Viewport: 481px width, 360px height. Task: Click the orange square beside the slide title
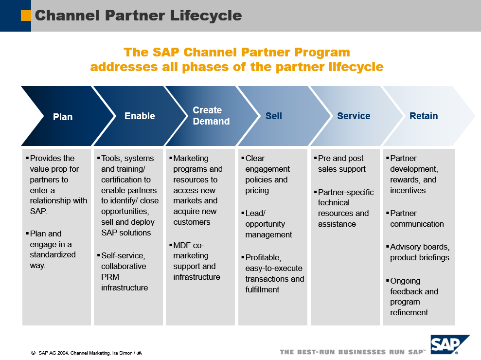tap(26, 16)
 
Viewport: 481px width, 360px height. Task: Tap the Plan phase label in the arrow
tap(63, 117)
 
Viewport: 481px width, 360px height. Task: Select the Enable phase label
tap(140, 116)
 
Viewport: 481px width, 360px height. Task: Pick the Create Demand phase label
tap(211, 116)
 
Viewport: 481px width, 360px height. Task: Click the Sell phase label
tap(273, 116)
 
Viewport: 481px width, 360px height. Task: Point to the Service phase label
tap(354, 116)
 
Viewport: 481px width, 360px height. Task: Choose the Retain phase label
tap(424, 116)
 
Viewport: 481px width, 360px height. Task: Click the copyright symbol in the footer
tap(33, 352)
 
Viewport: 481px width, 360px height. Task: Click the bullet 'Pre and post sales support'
tap(341, 163)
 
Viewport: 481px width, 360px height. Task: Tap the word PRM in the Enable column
tap(110, 277)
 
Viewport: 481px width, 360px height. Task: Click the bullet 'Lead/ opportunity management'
tap(268, 224)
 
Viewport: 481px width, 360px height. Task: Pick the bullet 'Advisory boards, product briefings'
tap(419, 252)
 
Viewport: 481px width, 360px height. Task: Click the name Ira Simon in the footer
tap(121, 352)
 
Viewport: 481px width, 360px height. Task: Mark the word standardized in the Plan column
tap(53, 254)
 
